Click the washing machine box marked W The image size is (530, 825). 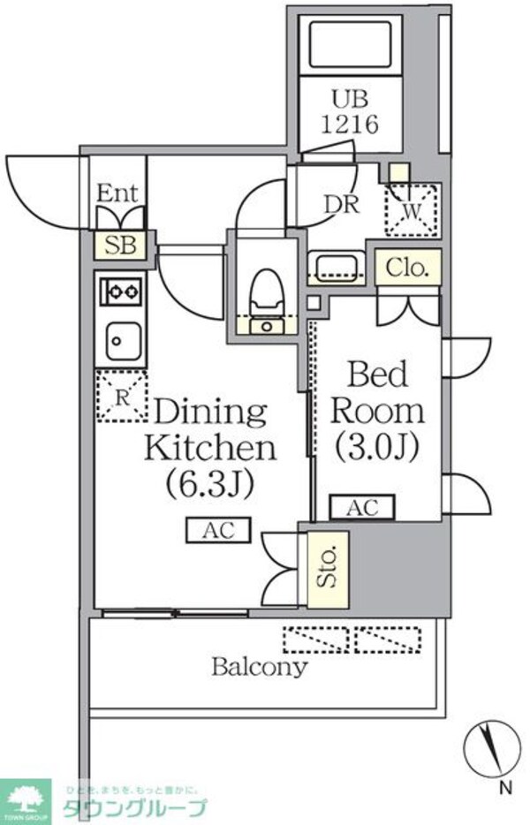coord(412,210)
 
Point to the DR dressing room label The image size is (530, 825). coord(340,204)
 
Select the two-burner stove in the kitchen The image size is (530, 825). coord(121,290)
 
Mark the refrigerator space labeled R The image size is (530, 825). coord(121,395)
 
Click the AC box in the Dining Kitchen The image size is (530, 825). coord(217,530)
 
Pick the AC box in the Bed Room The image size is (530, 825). coord(362,507)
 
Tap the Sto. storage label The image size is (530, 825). coord(328,569)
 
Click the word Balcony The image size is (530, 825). coord(259,666)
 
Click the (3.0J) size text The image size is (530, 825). coord(375,448)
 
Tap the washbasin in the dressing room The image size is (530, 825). coord(333,266)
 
